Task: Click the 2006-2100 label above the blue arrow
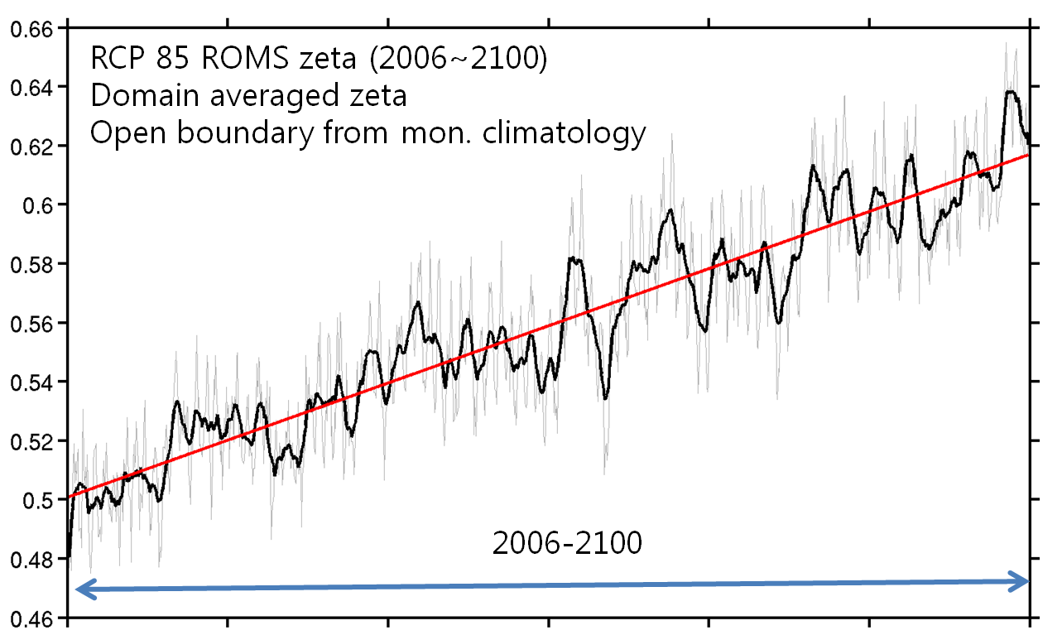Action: tap(566, 544)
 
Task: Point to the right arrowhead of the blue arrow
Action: tap(1021, 582)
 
